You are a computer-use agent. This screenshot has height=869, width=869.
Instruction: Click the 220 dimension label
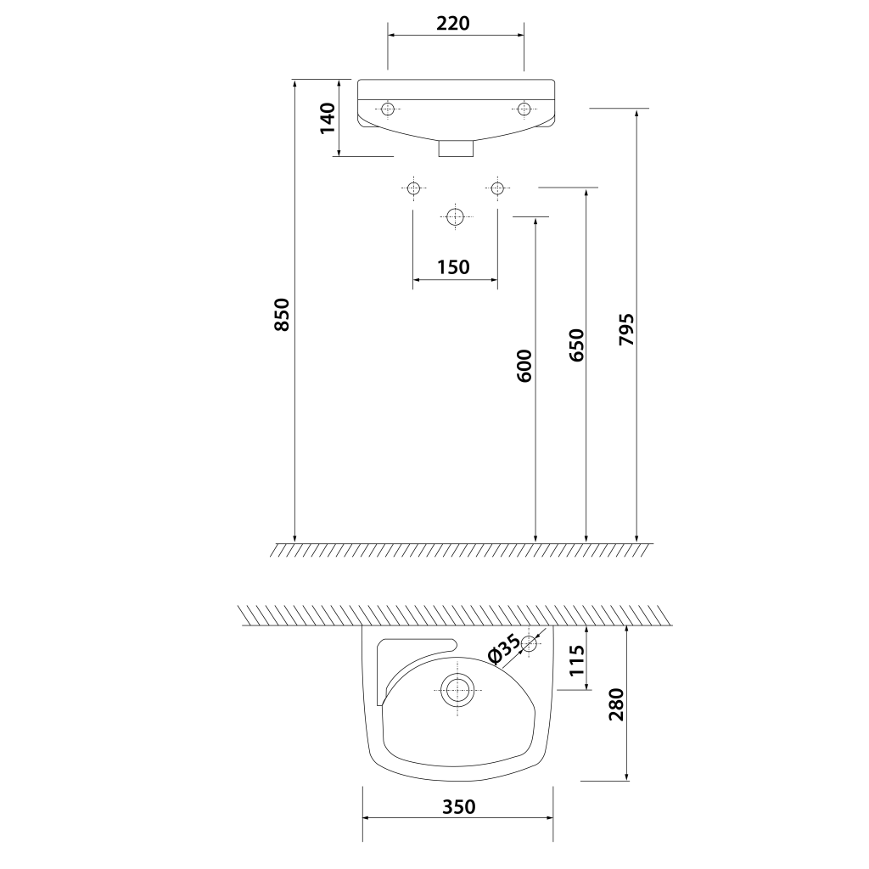(x=453, y=23)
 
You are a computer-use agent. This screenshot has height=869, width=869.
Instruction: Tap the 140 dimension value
(x=328, y=118)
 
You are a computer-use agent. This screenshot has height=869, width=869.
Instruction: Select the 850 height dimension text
(x=282, y=314)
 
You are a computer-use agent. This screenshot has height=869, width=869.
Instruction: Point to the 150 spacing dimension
(x=453, y=267)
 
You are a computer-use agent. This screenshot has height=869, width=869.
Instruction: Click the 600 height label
(x=524, y=366)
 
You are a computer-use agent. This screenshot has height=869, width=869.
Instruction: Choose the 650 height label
(x=576, y=345)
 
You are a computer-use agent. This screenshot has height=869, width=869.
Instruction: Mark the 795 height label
(x=627, y=330)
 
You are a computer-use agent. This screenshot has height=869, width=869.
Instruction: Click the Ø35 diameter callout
(x=503, y=648)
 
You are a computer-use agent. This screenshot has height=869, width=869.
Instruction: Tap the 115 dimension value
(x=577, y=659)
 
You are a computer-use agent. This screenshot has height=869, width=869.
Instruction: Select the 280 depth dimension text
(x=616, y=704)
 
